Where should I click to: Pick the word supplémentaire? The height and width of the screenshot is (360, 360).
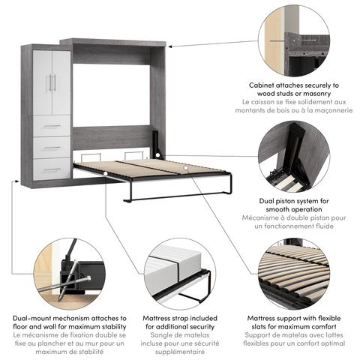pos(179,352)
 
